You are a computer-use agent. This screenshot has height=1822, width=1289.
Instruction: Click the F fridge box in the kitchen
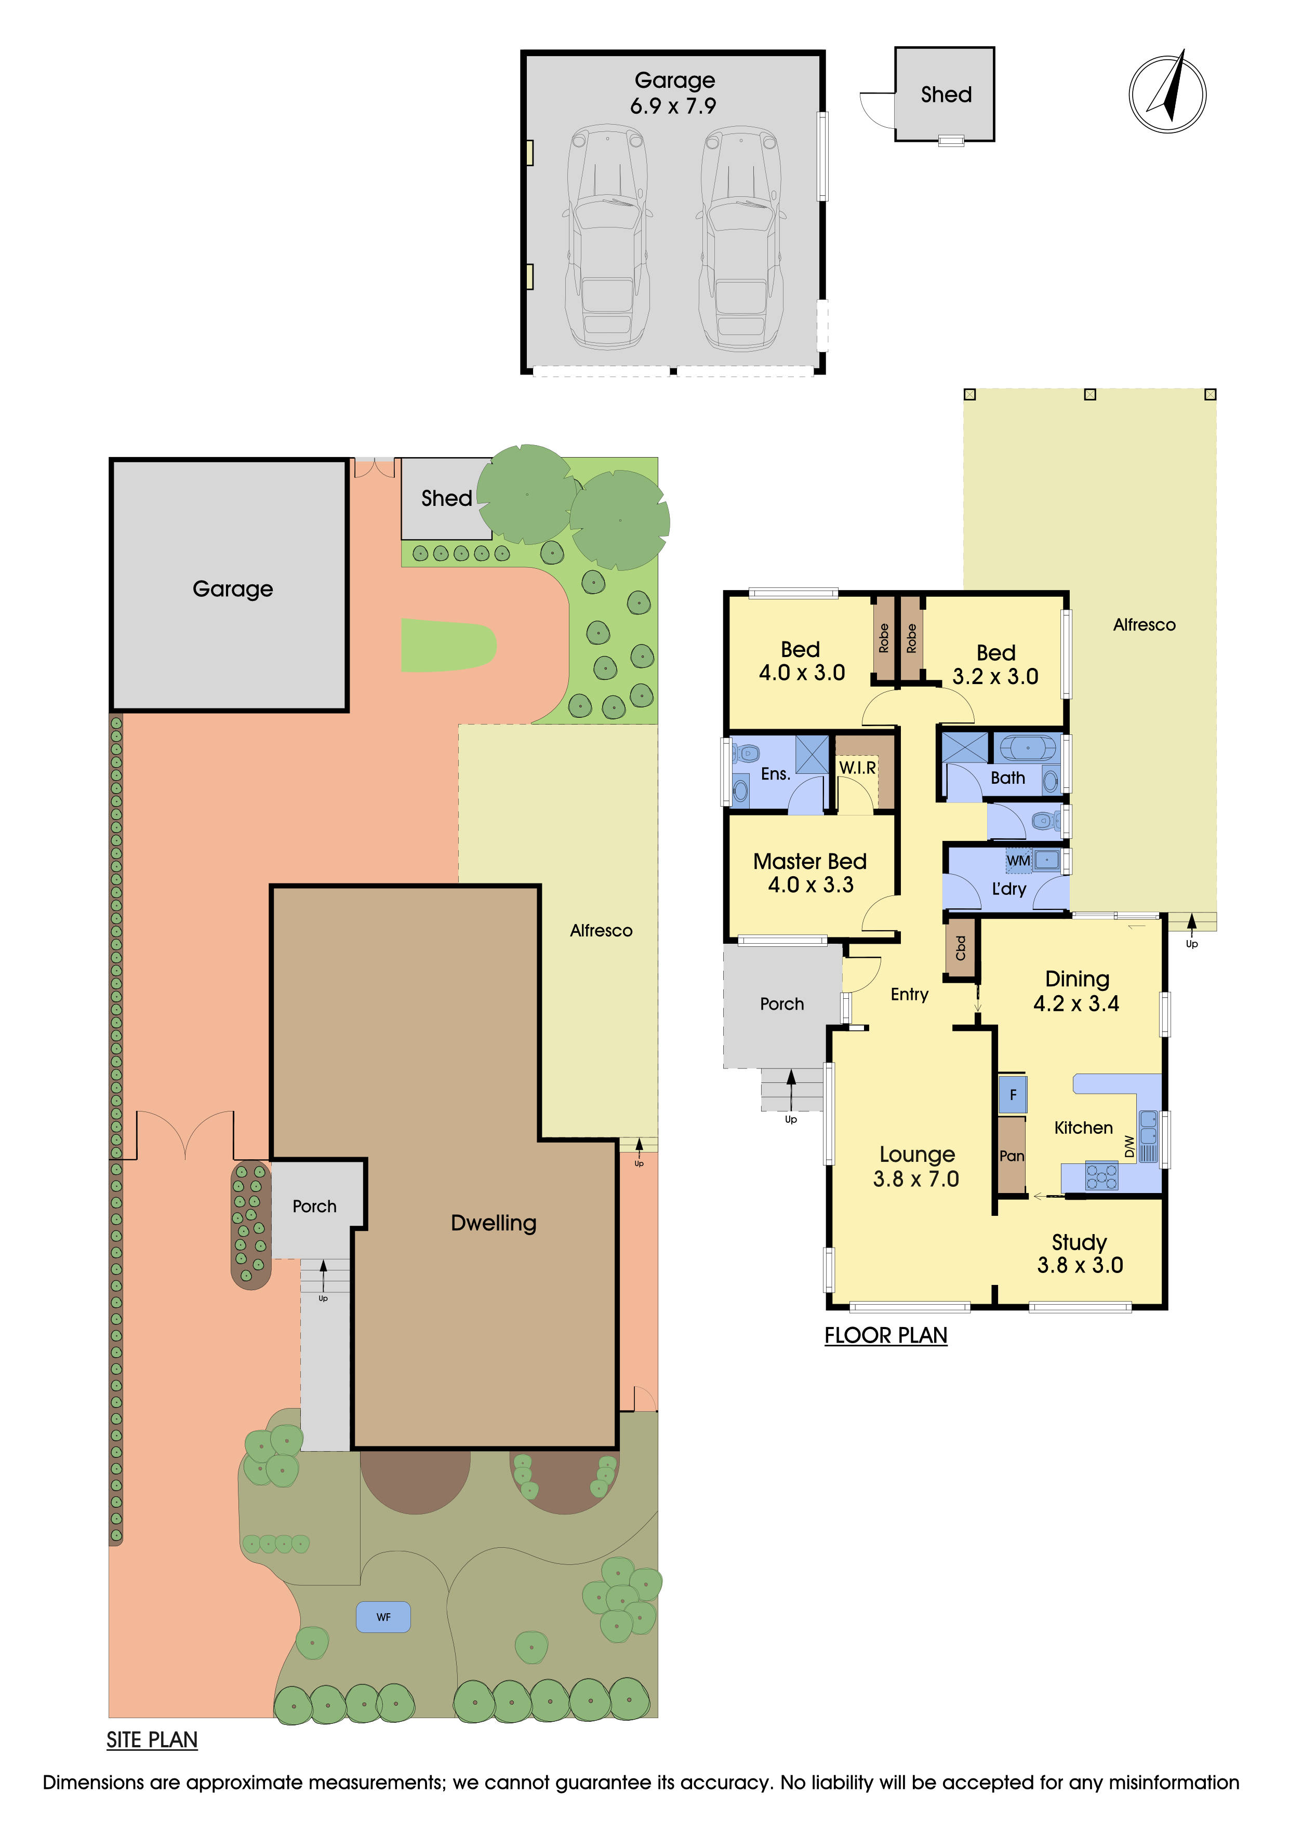pos(1013,1095)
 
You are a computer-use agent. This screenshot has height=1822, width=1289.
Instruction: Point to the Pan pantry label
pos(1011,1156)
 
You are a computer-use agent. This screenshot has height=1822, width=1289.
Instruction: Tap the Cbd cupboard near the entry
pos(961,947)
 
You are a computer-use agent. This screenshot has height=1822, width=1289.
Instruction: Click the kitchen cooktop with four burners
pos(1101,1176)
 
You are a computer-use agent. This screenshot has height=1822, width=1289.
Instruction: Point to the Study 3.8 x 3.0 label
pos(1080,1254)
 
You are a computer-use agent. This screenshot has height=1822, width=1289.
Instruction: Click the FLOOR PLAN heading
pos(886,1335)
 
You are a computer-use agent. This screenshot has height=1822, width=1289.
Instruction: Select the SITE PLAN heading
pos(152,1740)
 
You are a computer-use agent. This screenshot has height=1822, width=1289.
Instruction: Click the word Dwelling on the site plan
pos(493,1223)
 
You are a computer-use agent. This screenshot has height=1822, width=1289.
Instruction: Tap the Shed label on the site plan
pos(446,499)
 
